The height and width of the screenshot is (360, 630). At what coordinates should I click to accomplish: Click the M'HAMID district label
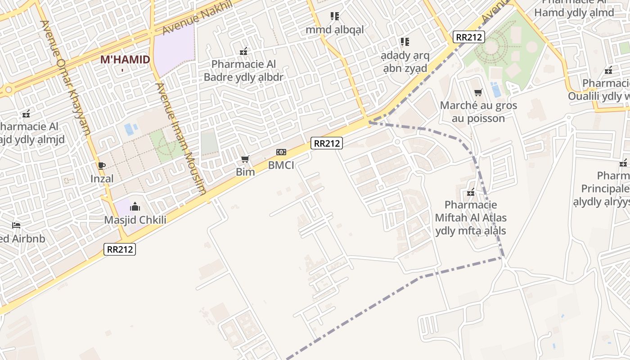pyautogui.click(x=125, y=59)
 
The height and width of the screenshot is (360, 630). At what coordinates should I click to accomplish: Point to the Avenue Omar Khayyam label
pyautogui.click(x=66, y=77)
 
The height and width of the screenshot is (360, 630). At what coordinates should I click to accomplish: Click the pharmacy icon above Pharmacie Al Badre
pyautogui.click(x=243, y=51)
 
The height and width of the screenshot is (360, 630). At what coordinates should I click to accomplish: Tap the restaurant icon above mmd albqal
pyautogui.click(x=334, y=17)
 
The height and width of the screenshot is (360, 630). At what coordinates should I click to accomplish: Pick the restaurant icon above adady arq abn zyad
pyautogui.click(x=405, y=42)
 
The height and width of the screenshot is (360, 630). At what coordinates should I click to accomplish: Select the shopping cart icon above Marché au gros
pyautogui.click(x=478, y=93)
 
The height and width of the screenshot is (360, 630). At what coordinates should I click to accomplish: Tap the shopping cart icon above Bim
pyautogui.click(x=245, y=159)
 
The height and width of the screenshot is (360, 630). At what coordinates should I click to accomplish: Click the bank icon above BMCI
pyautogui.click(x=281, y=152)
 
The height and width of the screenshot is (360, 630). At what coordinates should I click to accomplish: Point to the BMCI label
pyautogui.click(x=281, y=165)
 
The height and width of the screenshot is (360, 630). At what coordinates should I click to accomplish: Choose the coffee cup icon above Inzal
pyautogui.click(x=102, y=166)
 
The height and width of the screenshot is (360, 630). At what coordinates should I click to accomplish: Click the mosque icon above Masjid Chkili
pyautogui.click(x=135, y=207)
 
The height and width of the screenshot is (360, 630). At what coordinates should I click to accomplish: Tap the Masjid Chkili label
pyautogui.click(x=135, y=220)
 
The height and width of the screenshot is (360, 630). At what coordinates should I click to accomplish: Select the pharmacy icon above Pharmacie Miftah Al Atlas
pyautogui.click(x=471, y=193)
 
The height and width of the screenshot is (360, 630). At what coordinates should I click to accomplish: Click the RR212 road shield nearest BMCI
pyautogui.click(x=327, y=144)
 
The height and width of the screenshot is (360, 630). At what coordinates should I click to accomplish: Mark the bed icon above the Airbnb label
pyautogui.click(x=16, y=225)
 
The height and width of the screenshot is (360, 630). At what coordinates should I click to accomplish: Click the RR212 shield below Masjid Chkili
pyautogui.click(x=120, y=249)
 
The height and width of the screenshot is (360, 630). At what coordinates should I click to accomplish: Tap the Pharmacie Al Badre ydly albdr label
pyautogui.click(x=243, y=71)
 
